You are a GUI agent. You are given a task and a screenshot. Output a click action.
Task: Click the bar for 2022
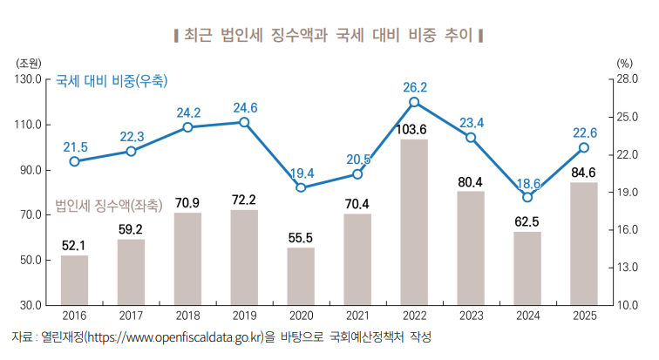(x=414, y=222)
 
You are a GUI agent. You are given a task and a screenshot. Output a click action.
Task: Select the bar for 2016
(x=74, y=280)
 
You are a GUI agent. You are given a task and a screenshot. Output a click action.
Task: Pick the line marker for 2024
(x=527, y=197)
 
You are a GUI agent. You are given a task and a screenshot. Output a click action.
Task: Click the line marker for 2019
(x=244, y=122)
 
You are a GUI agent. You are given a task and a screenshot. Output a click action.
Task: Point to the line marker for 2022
(x=414, y=102)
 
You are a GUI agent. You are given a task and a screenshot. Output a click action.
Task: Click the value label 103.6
(x=414, y=130)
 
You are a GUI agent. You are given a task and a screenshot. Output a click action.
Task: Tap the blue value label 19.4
(x=301, y=173)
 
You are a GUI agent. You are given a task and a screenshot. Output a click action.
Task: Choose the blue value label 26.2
(x=414, y=87)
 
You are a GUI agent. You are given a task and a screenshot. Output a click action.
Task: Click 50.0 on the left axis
(x=32, y=261)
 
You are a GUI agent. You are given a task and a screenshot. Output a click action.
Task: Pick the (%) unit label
(x=623, y=63)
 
